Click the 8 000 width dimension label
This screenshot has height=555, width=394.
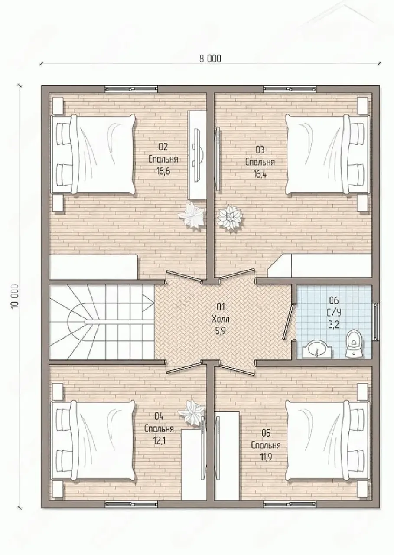tap(210, 59)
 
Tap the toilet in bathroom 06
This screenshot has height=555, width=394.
tap(355, 343)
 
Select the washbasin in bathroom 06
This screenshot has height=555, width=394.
tap(317, 349)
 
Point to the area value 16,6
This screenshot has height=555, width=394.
tap(163, 171)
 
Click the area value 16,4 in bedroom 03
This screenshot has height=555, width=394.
tap(260, 174)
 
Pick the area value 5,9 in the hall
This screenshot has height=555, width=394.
tap(220, 330)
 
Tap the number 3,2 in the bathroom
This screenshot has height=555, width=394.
tap(334, 324)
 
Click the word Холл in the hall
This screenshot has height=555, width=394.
tap(220, 319)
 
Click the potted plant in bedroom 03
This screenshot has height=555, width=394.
tap(230, 218)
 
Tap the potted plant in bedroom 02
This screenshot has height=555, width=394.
tap(192, 215)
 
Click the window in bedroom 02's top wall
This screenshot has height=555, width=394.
tap(131, 89)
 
